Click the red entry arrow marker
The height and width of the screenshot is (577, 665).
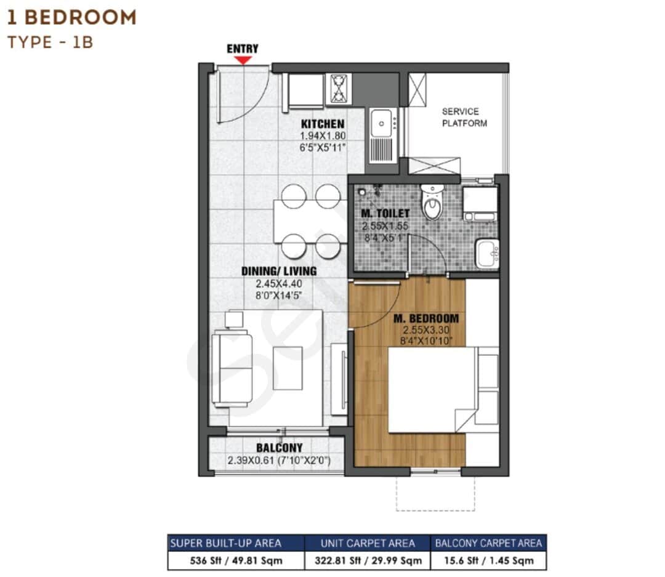(243, 60)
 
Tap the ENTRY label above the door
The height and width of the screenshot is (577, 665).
(243, 49)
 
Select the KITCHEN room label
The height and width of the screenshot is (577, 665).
(323, 124)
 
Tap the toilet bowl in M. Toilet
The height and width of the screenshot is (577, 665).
(432, 204)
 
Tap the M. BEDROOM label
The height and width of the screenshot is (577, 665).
(426, 318)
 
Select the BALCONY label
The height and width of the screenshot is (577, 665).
(280, 448)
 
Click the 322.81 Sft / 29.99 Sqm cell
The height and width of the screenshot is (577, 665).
(367, 561)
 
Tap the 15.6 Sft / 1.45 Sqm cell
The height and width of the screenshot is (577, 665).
(488, 561)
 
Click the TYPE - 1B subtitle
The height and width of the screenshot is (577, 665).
(50, 42)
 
